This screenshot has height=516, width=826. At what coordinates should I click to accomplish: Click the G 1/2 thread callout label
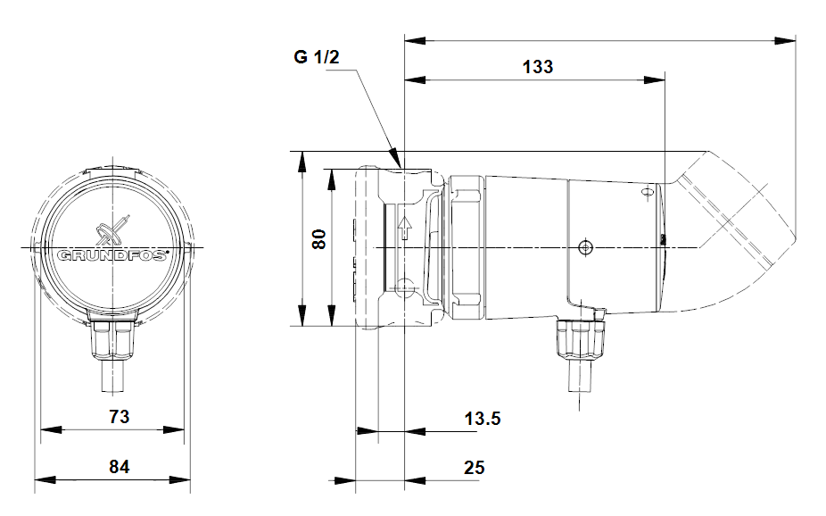click(x=317, y=58)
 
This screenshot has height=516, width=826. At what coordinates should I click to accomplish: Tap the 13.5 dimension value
click(x=482, y=418)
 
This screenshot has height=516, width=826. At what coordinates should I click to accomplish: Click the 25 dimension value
click(x=475, y=467)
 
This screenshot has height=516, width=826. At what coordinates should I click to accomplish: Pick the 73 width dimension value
click(x=119, y=416)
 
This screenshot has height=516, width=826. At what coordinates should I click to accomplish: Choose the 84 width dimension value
click(x=119, y=467)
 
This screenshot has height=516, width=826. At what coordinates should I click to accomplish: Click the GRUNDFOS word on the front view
click(x=112, y=255)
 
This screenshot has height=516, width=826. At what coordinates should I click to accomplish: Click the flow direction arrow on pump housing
click(x=405, y=228)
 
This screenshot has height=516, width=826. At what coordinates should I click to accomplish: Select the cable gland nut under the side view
click(x=581, y=339)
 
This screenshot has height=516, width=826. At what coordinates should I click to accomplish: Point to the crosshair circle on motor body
click(x=585, y=246)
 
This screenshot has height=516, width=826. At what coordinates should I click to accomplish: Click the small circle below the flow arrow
click(x=405, y=287)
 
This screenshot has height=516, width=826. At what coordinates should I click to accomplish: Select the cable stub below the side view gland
click(x=580, y=375)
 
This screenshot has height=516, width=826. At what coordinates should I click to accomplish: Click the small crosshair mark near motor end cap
click(x=648, y=190)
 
